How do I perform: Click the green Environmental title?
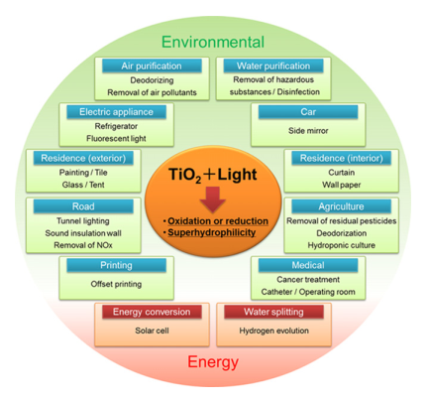click(213, 42)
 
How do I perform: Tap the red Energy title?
click(213, 362)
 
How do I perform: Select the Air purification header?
click(152, 66)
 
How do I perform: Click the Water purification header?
click(273, 66)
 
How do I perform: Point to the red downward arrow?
click(213, 200)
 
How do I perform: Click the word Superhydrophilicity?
click(212, 232)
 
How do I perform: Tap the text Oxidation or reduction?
click(218, 221)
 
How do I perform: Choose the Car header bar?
click(308, 112)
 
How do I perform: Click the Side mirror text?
click(308, 131)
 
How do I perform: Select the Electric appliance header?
click(116, 112)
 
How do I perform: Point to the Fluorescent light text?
click(116, 138)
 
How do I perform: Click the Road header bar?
click(83, 206)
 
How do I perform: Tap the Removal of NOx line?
click(83, 245)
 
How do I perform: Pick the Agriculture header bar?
click(341, 206)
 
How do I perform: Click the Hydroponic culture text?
click(342, 245)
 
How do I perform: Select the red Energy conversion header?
click(152, 312)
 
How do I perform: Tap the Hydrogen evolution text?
click(274, 331)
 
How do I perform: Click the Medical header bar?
click(308, 265)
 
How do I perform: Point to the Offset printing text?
click(116, 284)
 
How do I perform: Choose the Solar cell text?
click(152, 331)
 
